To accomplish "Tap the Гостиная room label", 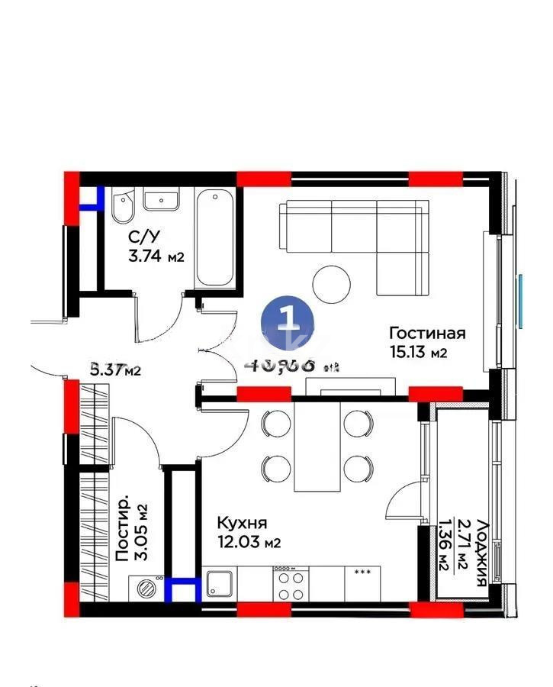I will click(x=427, y=334).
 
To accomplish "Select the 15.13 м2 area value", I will click(x=417, y=352).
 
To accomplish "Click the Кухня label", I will click(x=242, y=524).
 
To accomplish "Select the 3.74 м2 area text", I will click(x=156, y=256).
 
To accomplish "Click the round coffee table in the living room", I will click(x=333, y=284).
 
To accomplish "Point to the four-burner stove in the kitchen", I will click(x=290, y=585).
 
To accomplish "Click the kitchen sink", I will click(x=220, y=586).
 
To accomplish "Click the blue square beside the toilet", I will click(x=94, y=198).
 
